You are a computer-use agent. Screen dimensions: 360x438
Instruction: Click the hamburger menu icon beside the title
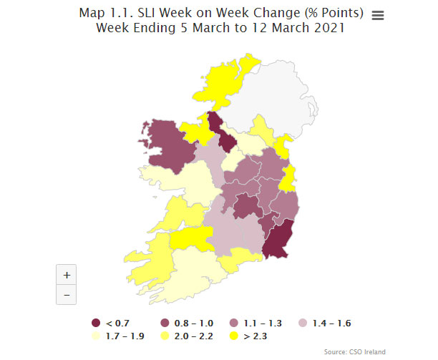[x=378, y=16]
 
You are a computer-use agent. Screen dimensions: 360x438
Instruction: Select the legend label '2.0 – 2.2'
[x=193, y=335]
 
